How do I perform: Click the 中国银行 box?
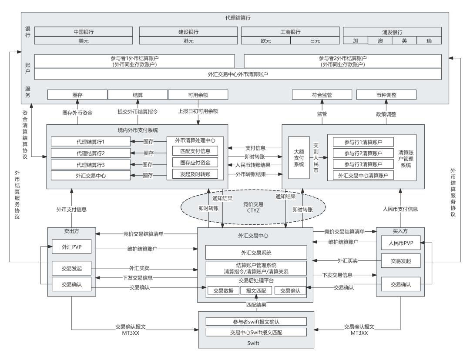click(x=83, y=32)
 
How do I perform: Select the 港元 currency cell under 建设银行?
click(x=188, y=40)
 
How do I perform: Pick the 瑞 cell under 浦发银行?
click(x=428, y=40)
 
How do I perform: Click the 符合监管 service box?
click(x=321, y=94)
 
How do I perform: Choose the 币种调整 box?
click(x=386, y=94)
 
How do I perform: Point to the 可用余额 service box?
click(x=198, y=94)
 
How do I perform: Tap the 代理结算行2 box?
click(x=91, y=153)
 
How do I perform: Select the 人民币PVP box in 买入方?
click(x=400, y=243)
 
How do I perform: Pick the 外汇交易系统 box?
click(x=256, y=252)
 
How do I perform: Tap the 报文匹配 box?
click(x=256, y=290)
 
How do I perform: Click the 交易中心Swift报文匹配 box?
click(x=256, y=333)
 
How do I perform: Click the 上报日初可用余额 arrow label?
click(x=198, y=111)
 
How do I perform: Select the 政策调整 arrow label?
click(x=386, y=114)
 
